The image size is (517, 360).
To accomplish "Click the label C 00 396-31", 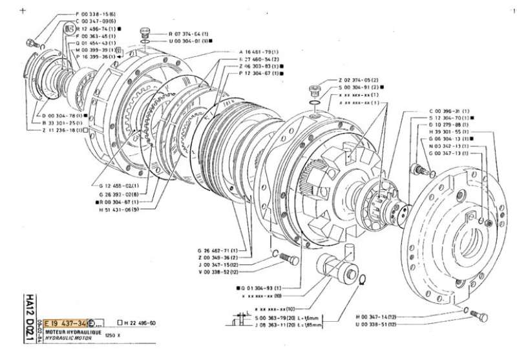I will tap(448, 111).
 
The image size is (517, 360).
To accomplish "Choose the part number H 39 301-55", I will tap(448, 131).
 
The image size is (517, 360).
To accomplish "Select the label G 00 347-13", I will tap(448, 154).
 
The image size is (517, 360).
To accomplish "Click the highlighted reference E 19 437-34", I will tap(66, 323).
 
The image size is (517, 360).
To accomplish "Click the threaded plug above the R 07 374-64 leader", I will tap(146, 32).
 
